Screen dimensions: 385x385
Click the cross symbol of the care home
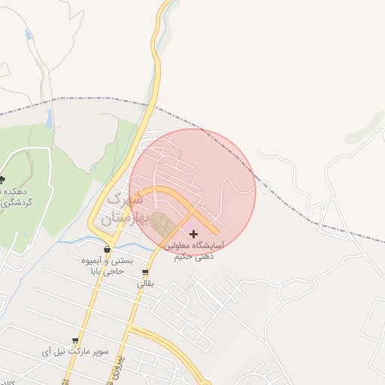194,235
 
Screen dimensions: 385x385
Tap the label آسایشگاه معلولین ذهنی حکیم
194,251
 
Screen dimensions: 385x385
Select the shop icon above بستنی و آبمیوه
108,250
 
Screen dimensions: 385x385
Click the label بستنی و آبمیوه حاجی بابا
107,265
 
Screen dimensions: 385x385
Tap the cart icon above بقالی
145,272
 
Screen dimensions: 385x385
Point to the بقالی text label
145,284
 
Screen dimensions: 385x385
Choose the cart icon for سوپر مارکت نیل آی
74,341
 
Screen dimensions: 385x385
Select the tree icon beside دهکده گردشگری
2,180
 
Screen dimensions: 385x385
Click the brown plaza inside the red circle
160,223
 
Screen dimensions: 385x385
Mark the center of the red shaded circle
192,192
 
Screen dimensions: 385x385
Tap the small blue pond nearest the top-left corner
28,35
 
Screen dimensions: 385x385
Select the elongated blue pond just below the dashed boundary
50,118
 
